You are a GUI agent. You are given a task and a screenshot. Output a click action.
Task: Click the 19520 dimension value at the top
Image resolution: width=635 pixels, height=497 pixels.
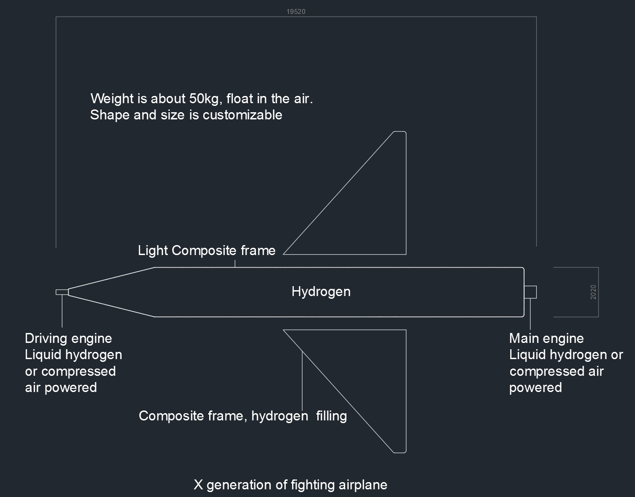coord(296,12)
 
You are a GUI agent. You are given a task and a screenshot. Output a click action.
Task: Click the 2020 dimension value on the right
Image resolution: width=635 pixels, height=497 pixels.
coord(593,292)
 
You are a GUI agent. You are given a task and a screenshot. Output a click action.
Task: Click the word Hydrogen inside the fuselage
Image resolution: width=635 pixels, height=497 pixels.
coord(321,292)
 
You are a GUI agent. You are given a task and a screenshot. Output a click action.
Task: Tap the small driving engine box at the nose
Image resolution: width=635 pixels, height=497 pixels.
coord(62,292)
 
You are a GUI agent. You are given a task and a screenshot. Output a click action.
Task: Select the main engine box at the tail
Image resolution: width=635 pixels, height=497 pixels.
coord(530,292)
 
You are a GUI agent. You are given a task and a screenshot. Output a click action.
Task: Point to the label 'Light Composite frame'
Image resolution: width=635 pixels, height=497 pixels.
coord(206,251)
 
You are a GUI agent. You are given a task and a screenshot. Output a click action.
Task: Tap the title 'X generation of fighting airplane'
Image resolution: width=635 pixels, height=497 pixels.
coord(290,485)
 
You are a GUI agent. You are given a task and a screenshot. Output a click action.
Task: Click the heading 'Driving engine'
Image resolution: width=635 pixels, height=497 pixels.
coord(69,338)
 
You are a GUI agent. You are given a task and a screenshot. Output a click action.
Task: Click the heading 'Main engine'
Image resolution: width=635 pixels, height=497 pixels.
coord(546,338)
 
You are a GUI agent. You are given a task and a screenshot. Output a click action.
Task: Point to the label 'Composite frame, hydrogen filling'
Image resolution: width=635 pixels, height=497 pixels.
coord(242,415)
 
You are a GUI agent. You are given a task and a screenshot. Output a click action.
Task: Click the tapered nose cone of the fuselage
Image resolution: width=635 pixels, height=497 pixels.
coord(113,292)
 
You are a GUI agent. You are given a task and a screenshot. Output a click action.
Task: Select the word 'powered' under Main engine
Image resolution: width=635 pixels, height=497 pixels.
coord(535,388)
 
